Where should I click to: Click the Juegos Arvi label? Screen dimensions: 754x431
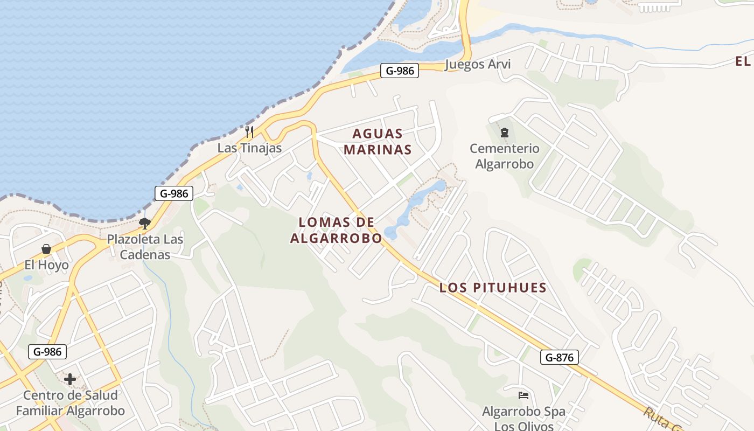478,65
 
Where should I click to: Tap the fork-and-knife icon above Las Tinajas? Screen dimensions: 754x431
249,131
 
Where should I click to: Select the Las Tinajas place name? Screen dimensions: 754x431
249,148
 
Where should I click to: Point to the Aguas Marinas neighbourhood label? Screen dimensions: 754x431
378,142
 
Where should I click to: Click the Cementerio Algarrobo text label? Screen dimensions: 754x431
504,156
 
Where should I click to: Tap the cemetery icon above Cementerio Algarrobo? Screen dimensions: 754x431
505,132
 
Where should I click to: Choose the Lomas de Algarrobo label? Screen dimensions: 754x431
336,230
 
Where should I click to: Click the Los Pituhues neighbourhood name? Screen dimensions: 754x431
493,288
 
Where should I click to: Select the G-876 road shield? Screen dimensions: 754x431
560,357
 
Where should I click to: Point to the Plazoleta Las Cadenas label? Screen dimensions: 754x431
145,247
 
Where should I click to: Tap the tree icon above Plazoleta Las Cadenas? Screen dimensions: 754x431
144,223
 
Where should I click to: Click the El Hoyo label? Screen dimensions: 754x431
47,265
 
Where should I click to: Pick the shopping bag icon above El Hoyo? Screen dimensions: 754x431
46,249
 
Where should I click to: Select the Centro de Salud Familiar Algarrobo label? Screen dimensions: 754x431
70,403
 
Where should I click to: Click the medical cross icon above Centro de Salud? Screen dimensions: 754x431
70,379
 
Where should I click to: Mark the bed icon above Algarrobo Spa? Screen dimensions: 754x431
523,395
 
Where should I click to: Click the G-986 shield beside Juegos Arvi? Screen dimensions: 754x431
400,71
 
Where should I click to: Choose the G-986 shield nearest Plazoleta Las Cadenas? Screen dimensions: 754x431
173,193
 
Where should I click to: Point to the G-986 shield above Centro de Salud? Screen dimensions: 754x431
47,352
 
